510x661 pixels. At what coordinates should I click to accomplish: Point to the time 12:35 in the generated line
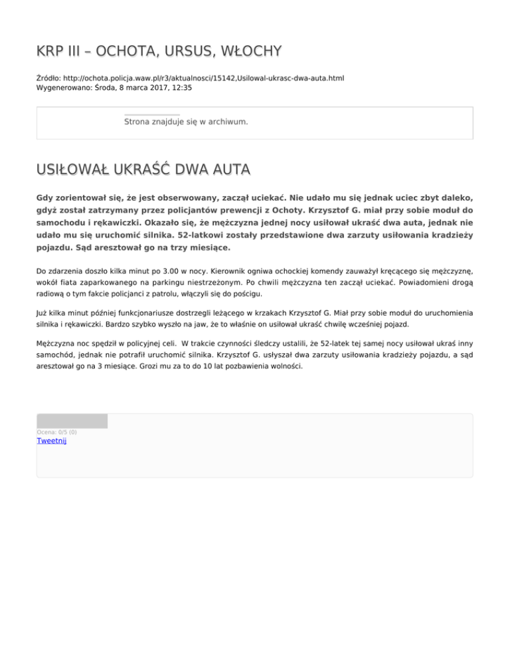pos(181,87)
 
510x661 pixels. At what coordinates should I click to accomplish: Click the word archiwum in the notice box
pos(227,122)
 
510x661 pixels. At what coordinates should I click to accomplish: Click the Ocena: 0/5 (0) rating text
pos(56,432)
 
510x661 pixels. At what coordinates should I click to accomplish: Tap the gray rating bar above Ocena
pos(72,421)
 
